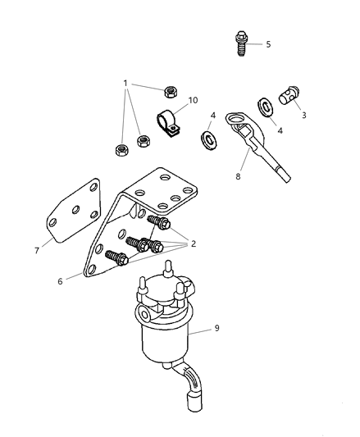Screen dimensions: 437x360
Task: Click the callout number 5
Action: point(267,44)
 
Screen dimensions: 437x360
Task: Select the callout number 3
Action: point(304,116)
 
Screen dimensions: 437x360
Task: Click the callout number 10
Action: point(193,101)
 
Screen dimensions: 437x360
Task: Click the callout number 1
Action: point(126,83)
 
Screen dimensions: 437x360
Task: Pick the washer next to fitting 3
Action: point(265,107)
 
